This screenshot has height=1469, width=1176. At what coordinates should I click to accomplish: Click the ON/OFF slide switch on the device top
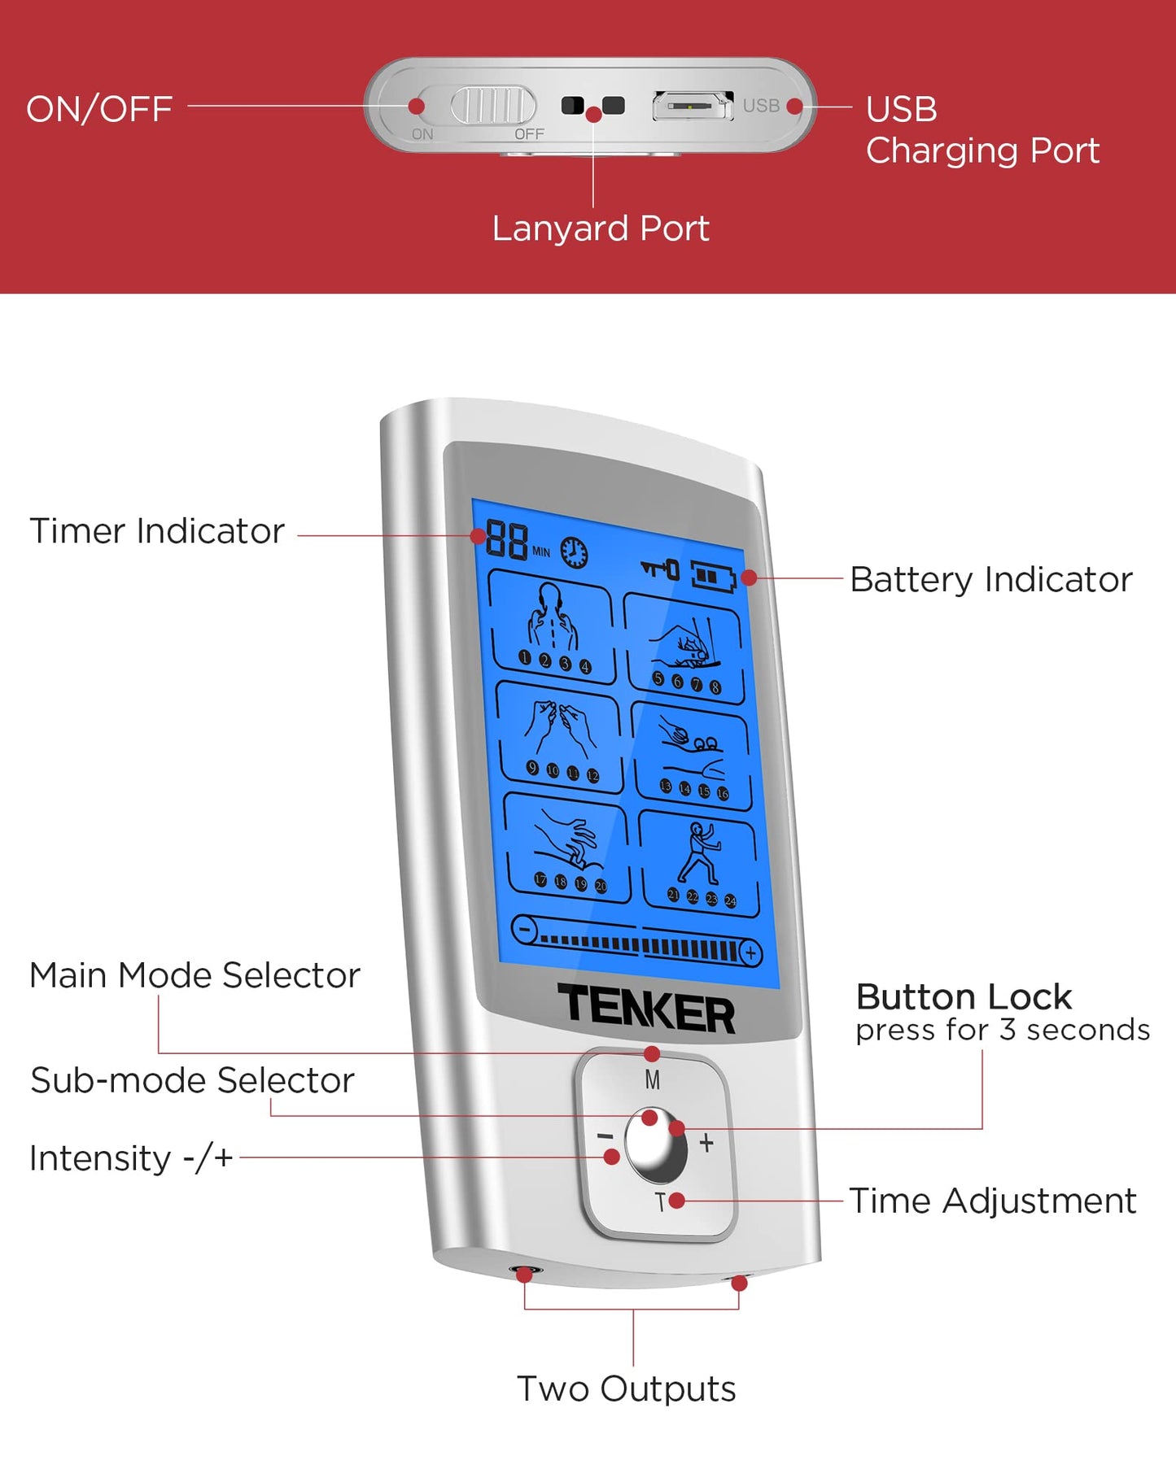(x=493, y=106)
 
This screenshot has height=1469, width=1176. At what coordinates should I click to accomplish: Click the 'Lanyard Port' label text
(x=601, y=229)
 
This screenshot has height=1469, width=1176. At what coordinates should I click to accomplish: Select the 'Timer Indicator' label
(x=157, y=531)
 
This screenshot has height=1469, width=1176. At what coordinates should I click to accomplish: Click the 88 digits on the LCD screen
(x=506, y=539)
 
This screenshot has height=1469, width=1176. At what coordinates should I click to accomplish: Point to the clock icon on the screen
(x=575, y=553)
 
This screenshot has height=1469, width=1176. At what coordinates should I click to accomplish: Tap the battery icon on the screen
(x=713, y=577)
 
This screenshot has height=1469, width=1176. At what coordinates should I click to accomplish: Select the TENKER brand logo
(x=645, y=1009)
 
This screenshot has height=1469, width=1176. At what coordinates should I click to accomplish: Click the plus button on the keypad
(x=706, y=1143)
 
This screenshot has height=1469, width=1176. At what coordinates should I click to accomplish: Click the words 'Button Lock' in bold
(x=964, y=997)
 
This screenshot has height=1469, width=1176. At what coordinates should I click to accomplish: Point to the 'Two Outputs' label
(x=626, y=1388)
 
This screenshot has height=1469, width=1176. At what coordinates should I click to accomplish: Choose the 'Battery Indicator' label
(x=990, y=580)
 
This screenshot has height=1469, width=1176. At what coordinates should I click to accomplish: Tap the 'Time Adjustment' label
(x=992, y=1201)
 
